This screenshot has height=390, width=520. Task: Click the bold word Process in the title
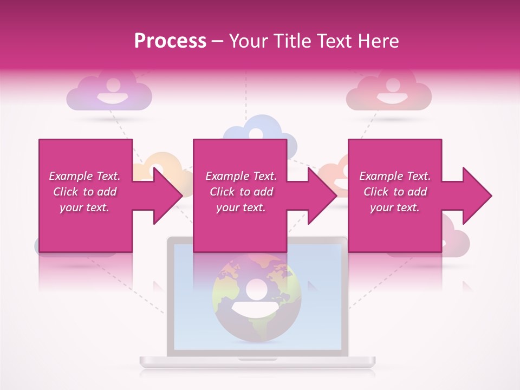point(170,41)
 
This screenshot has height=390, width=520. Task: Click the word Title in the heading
point(292,41)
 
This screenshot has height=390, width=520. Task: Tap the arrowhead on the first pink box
point(165,196)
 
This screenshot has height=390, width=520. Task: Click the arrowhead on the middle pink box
point(320,196)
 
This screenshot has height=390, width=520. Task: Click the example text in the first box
point(84,192)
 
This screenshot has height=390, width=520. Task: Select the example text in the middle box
point(240,192)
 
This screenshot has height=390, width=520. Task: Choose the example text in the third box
point(395,192)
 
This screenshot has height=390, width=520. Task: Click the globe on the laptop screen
point(249,298)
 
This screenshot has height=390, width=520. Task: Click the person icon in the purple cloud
point(113,92)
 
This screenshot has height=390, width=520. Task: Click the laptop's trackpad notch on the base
point(257,359)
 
